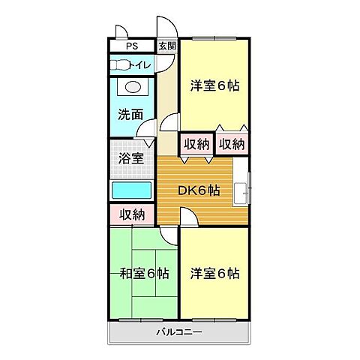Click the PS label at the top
click(x=133, y=46)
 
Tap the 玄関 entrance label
click(x=166, y=46)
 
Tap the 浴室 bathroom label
click(x=131, y=159)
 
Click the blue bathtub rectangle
click(x=132, y=190)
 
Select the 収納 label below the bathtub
click(x=132, y=214)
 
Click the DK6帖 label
click(x=198, y=190)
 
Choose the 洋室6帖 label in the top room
click(x=214, y=85)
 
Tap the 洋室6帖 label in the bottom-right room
click(x=214, y=272)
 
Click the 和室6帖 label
click(x=144, y=272)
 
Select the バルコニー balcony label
click(x=179, y=331)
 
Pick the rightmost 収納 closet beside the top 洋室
click(x=232, y=143)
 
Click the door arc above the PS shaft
click(x=121, y=31)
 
